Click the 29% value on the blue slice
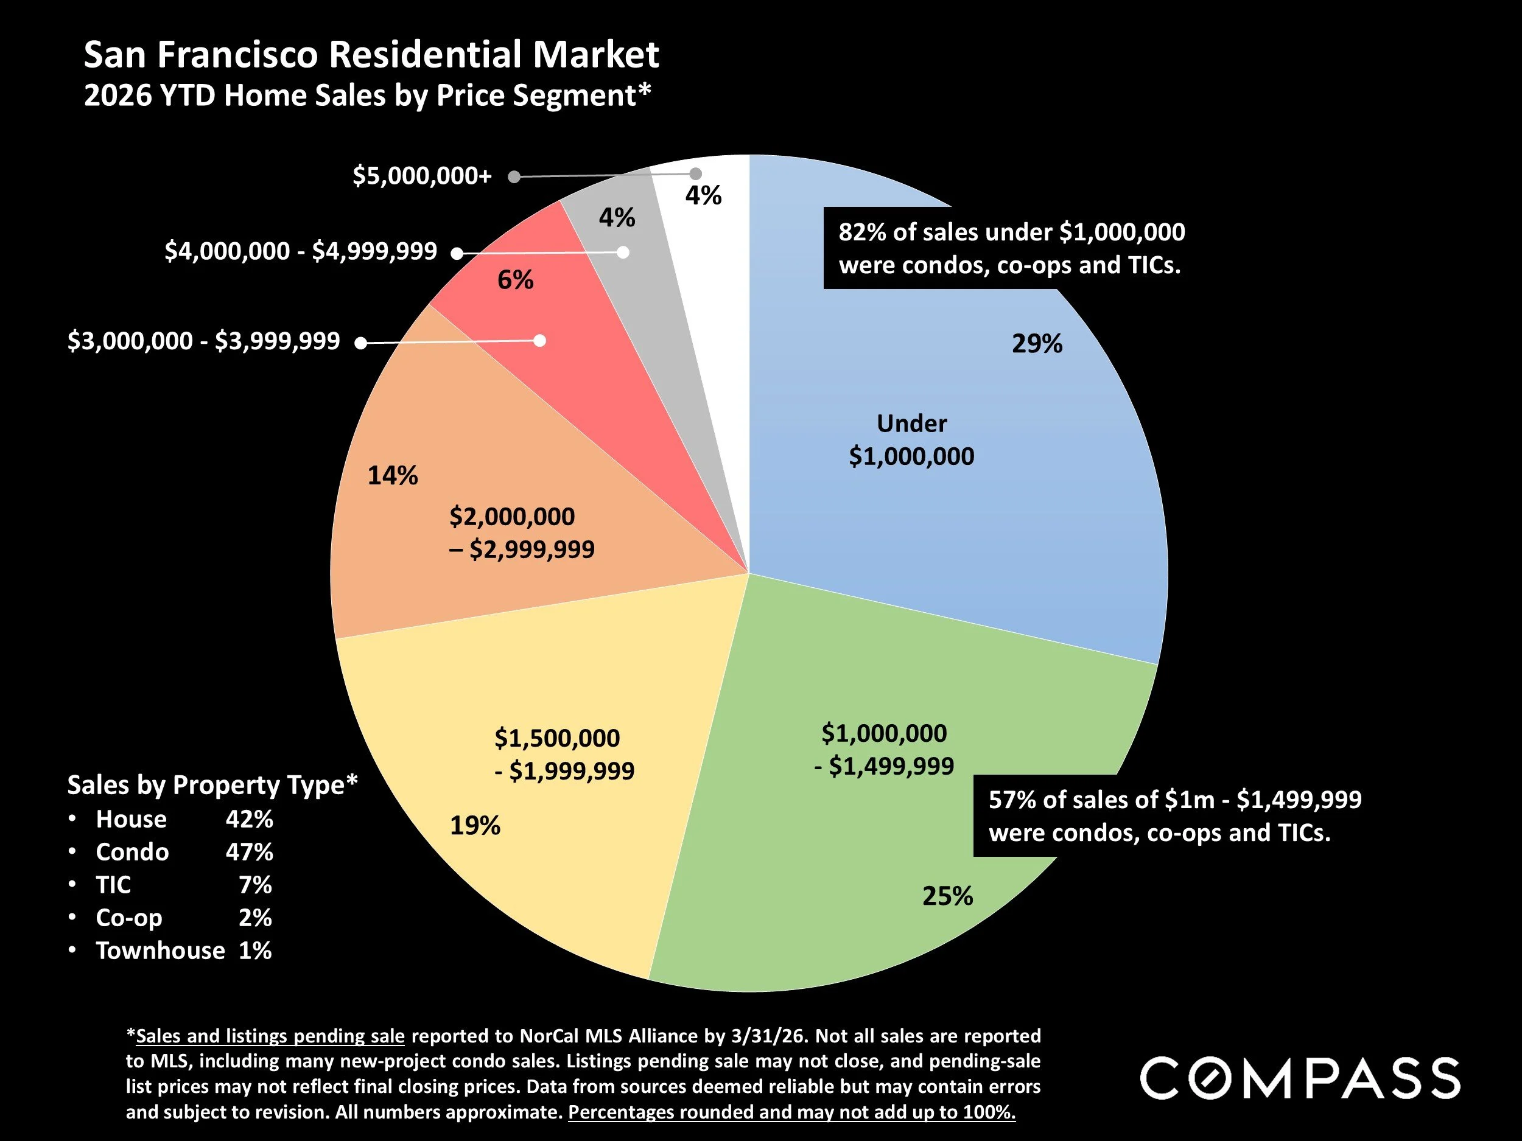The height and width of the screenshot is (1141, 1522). pyautogui.click(x=1036, y=343)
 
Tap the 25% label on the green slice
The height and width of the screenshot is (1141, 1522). pyautogui.click(x=947, y=896)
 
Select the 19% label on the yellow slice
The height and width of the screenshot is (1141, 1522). pyautogui.click(x=475, y=825)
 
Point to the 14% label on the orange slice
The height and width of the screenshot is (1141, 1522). pyautogui.click(x=392, y=475)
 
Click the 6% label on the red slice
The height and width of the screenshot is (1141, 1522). pyautogui.click(x=516, y=280)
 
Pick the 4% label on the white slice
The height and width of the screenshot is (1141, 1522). pyautogui.click(x=703, y=196)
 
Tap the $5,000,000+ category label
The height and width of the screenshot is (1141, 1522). pyautogui.click(x=422, y=176)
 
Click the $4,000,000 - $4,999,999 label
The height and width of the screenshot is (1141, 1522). pyautogui.click(x=301, y=251)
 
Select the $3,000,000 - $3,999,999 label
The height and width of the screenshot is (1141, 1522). pyautogui.click(x=204, y=341)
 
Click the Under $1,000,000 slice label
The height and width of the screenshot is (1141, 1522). pyautogui.click(x=911, y=440)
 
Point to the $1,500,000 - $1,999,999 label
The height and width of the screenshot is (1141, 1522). pyautogui.click(x=564, y=755)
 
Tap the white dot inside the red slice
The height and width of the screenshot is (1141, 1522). pyautogui.click(x=540, y=340)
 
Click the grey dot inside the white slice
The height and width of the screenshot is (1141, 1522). pyautogui.click(x=696, y=173)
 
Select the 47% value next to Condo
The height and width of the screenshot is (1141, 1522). pyautogui.click(x=249, y=852)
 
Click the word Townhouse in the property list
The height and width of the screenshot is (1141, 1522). pyautogui.click(x=160, y=951)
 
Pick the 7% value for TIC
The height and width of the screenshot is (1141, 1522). pyautogui.click(x=254, y=884)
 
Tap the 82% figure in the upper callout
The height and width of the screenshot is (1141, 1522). pyautogui.click(x=861, y=232)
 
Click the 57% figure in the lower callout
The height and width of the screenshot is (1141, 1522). pyautogui.click(x=1011, y=800)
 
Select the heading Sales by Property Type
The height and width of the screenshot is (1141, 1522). pyautogui.click(x=212, y=785)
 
